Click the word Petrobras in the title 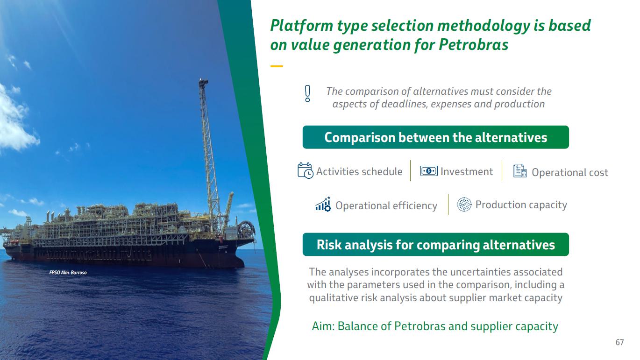(473, 45)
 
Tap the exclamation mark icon (307, 94)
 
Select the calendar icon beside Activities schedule (305, 170)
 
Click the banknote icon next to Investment (428, 171)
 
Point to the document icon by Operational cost (520, 171)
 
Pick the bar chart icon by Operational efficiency (323, 204)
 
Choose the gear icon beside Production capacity (464, 205)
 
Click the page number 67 (619, 342)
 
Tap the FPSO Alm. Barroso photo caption (68, 272)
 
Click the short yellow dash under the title (277, 66)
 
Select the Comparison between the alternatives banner (436, 137)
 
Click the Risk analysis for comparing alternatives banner (436, 245)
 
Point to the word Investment (467, 171)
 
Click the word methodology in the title (484, 26)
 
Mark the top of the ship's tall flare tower (203, 80)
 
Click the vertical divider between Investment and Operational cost (502, 171)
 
